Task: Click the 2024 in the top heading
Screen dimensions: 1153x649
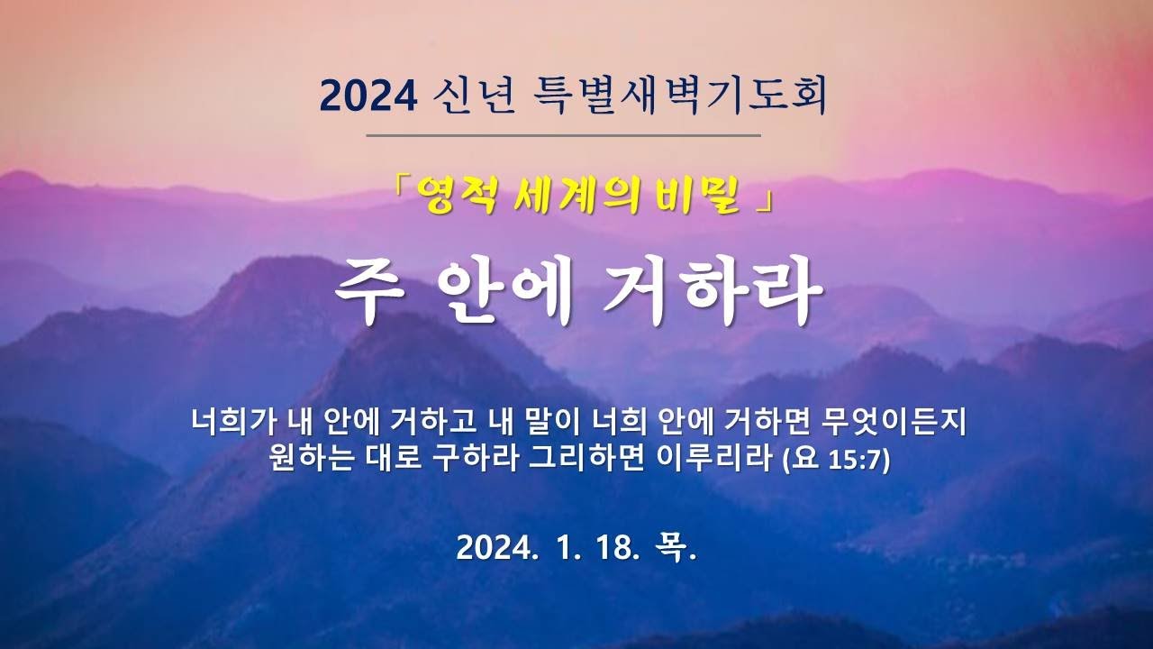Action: pyautogui.click(x=368, y=96)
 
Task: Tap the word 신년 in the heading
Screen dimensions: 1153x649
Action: pyautogui.click(x=474, y=96)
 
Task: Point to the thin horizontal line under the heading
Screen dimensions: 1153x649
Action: pyautogui.click(x=564, y=136)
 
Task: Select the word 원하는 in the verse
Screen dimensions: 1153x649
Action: pyautogui.click(x=311, y=458)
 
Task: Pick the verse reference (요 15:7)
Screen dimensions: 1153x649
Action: pyautogui.click(x=836, y=459)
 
